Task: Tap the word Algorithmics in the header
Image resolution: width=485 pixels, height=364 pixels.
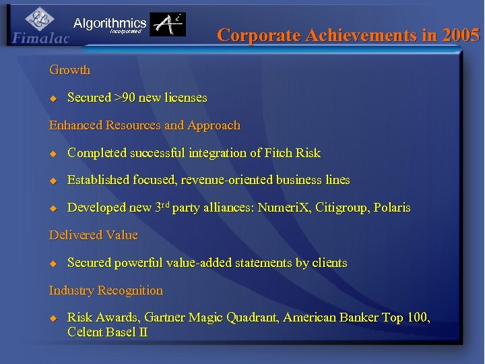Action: click(x=110, y=24)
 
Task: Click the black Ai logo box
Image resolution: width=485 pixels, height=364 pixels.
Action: click(x=167, y=25)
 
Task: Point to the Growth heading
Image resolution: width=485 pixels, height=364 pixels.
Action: click(x=69, y=70)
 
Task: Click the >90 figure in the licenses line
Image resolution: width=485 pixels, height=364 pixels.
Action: click(x=125, y=98)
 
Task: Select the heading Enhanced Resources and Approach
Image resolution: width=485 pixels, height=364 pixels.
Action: click(x=144, y=125)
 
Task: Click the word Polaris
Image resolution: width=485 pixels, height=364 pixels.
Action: click(x=391, y=208)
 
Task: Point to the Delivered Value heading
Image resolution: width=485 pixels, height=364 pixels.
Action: click(x=93, y=235)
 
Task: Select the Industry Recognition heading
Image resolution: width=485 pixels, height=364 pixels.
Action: click(x=106, y=291)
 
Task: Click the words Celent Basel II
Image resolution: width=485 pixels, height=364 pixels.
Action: click(x=108, y=332)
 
